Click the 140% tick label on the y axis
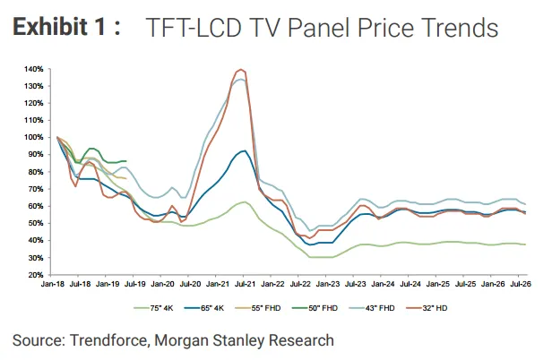pyautogui.click(x=34, y=69)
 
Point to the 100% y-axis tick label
pyautogui.click(x=34, y=137)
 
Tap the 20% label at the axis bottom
pyautogui.click(x=36, y=275)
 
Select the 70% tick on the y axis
pyautogui.click(x=36, y=189)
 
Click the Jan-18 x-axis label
pyautogui.click(x=53, y=284)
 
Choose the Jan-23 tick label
pyautogui.click(x=328, y=284)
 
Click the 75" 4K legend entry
pyautogui.click(x=154, y=308)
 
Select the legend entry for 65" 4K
pyautogui.click(x=204, y=308)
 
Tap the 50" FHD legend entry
pyautogui.click(x=315, y=308)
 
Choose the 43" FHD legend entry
pyautogui.click(x=372, y=308)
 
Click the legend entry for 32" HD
pyautogui.click(x=427, y=308)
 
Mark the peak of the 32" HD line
pyautogui.click(x=241, y=69)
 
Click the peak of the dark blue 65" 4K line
pyautogui.click(x=245, y=150)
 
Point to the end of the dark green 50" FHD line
pyautogui.click(x=126, y=161)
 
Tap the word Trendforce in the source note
pyautogui.click(x=108, y=340)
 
